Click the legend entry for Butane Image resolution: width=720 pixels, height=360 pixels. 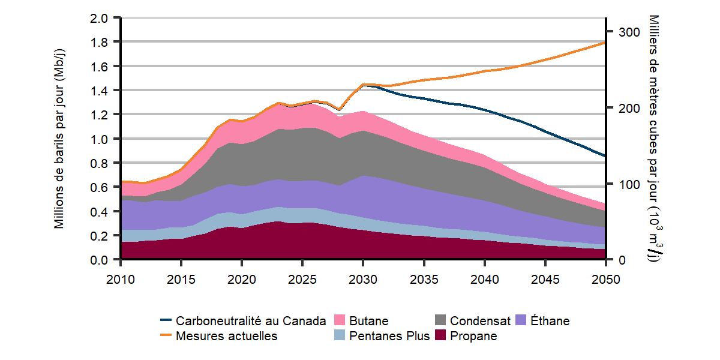pos(368,321)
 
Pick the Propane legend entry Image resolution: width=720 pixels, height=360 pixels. pos(473,336)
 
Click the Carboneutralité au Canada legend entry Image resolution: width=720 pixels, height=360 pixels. pos(251,321)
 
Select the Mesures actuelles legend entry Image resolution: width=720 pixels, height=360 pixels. pos(226,336)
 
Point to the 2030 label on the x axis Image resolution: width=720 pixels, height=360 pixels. pos(363,280)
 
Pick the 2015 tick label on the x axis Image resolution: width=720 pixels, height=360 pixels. pos(181,280)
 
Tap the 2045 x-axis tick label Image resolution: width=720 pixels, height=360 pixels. pos(545,280)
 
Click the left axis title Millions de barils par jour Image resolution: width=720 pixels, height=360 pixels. pos(59,139)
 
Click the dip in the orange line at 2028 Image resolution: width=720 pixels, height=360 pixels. pos(339,110)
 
